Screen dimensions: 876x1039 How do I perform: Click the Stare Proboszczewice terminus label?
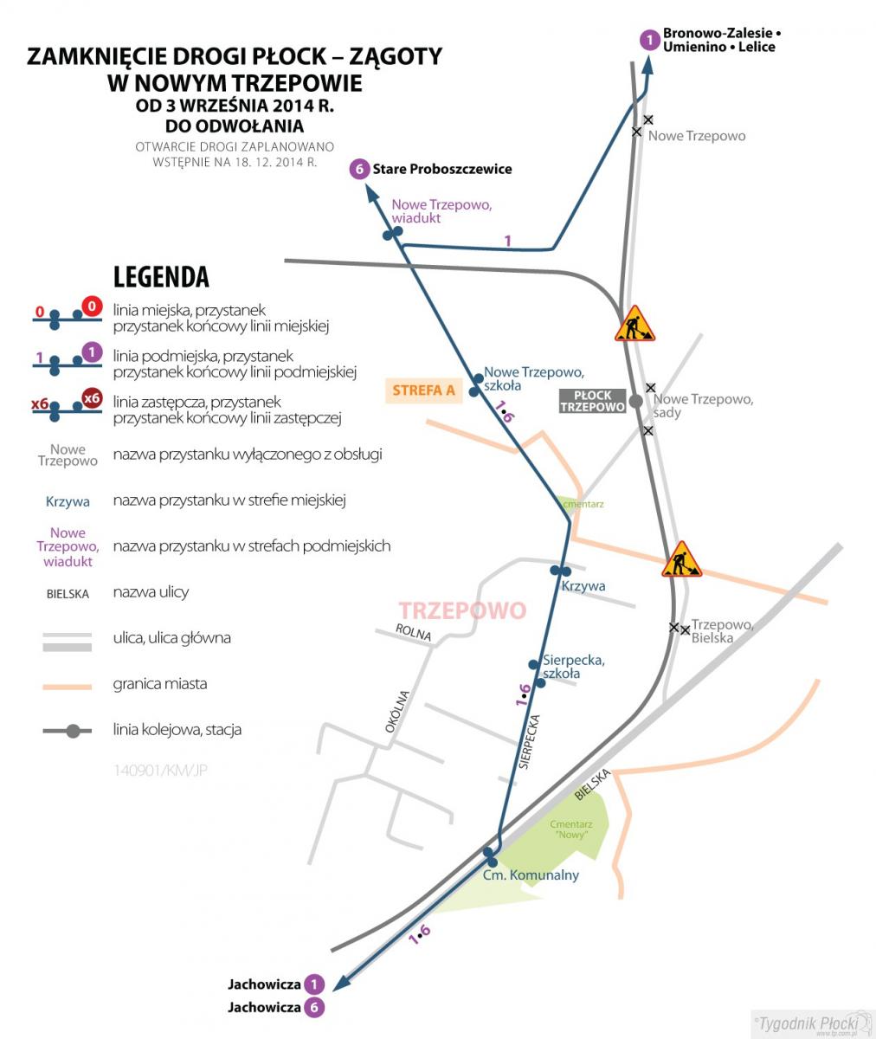click(x=442, y=169)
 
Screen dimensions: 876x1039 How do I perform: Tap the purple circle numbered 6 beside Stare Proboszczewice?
click(x=359, y=169)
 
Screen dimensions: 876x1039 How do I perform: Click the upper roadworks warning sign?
click(x=634, y=324)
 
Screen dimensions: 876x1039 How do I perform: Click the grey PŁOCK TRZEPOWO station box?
click(x=592, y=401)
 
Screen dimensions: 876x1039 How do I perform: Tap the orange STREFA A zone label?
click(x=424, y=390)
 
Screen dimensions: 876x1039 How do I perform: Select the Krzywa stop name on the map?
click(x=583, y=586)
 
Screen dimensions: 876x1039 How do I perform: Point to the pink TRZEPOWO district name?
click(x=462, y=610)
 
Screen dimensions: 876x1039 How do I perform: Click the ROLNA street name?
click(x=413, y=632)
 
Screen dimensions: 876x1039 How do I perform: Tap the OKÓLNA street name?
click(x=397, y=712)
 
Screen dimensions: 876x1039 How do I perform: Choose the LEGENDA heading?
click(x=161, y=277)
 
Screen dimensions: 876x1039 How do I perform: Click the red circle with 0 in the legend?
click(x=92, y=307)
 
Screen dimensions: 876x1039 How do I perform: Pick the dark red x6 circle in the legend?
click(x=92, y=398)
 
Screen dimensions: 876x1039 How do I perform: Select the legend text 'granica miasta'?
click(x=159, y=684)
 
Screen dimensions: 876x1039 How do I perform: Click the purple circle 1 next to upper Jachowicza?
click(x=314, y=984)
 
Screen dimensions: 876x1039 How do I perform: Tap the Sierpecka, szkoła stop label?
click(x=573, y=667)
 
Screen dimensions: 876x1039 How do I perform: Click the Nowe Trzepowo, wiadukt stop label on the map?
click(x=441, y=211)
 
